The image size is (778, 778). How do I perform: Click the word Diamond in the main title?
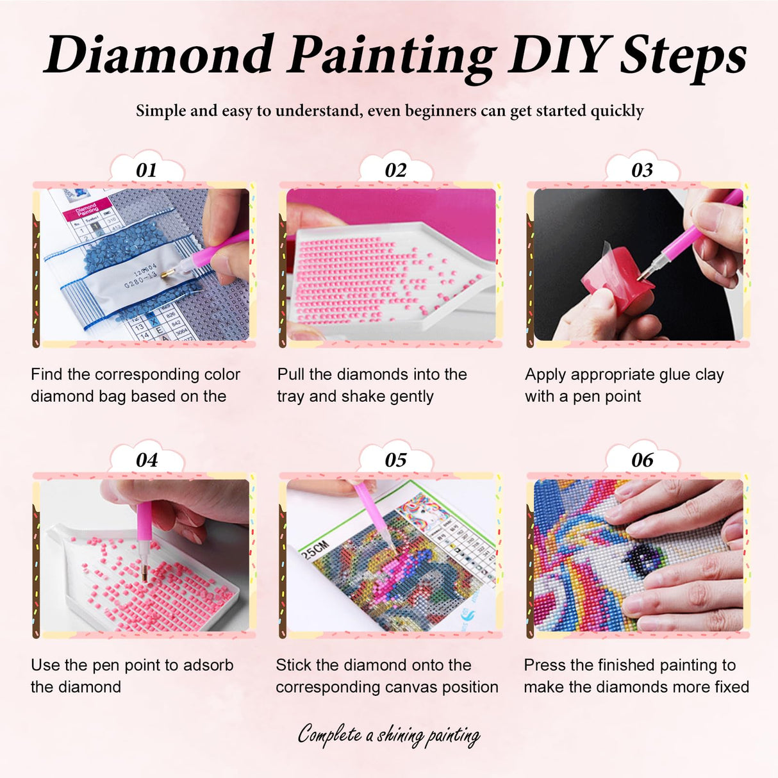(159, 55)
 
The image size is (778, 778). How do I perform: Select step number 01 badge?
(146, 170)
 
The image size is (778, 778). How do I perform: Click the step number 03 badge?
(641, 170)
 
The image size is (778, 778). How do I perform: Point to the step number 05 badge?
(395, 459)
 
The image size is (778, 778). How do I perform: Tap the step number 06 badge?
(641, 459)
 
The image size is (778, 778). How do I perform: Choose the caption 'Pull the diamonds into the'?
(372, 374)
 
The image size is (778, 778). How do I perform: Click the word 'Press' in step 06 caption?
(544, 665)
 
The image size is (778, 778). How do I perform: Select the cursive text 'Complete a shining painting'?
(389, 734)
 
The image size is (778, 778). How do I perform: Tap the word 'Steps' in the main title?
(683, 55)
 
